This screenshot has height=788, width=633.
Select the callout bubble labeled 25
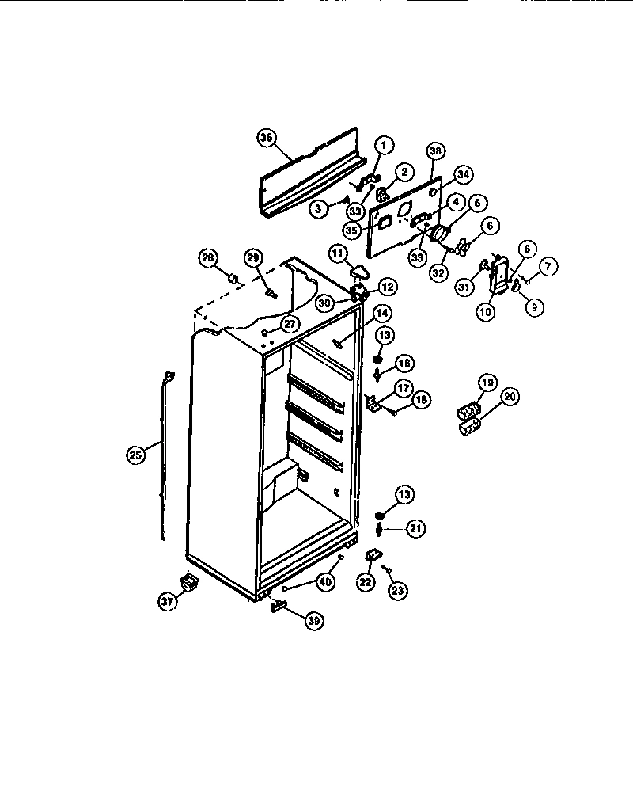[136, 455]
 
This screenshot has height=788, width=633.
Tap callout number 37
[167, 602]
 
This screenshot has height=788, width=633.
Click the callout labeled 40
[324, 581]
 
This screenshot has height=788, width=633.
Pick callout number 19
[487, 383]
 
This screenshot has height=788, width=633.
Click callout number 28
[207, 257]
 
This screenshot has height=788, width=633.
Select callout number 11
[338, 253]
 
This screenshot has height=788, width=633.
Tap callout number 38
[435, 150]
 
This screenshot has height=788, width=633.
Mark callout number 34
[463, 174]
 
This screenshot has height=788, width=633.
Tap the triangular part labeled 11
[360, 272]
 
